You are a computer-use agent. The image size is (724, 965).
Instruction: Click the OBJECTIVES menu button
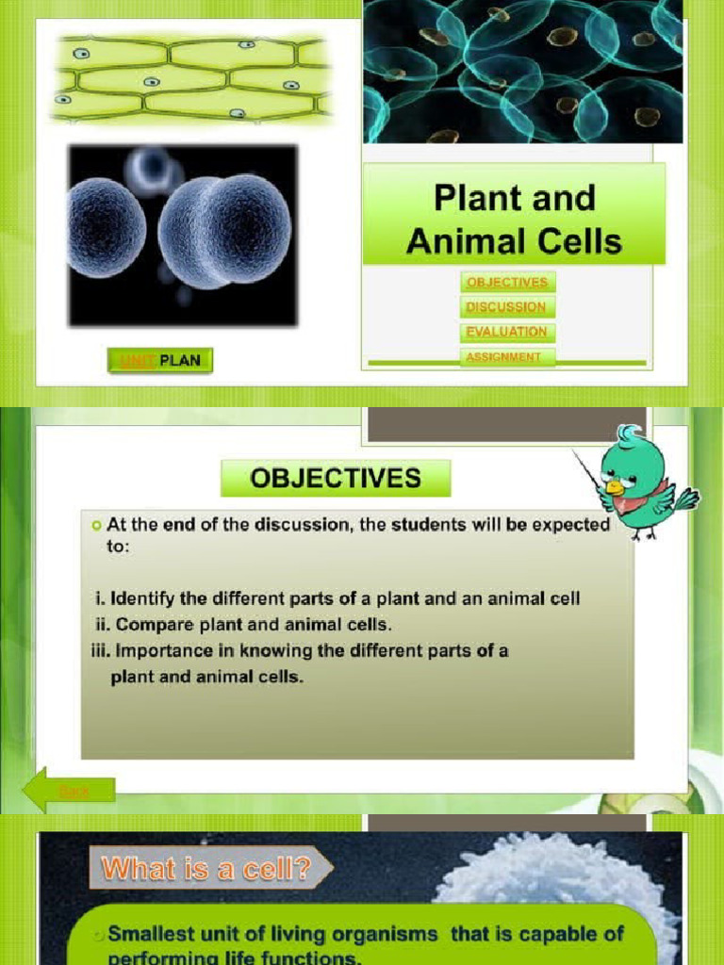[506, 282]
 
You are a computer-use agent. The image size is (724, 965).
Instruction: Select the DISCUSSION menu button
[506, 306]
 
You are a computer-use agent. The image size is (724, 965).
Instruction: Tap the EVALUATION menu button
[506, 332]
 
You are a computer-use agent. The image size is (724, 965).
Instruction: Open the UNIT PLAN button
[160, 360]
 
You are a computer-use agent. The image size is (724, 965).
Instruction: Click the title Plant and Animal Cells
[514, 219]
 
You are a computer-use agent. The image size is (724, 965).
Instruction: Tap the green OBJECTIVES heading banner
[336, 479]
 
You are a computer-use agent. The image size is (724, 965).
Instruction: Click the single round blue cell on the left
[106, 227]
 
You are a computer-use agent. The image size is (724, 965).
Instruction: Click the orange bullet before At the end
[96, 525]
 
